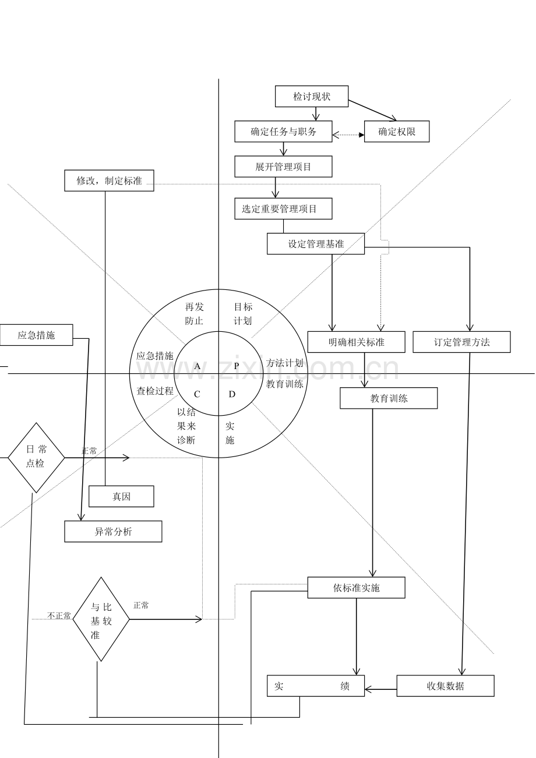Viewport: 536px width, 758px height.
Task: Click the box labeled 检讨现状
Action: click(x=311, y=97)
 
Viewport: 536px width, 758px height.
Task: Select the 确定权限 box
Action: click(x=397, y=132)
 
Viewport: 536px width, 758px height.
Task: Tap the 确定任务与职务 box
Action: click(x=283, y=132)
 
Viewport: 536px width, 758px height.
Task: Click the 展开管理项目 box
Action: click(x=283, y=167)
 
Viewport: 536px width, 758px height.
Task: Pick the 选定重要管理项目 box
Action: click(x=283, y=208)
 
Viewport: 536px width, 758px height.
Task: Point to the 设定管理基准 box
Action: click(x=316, y=244)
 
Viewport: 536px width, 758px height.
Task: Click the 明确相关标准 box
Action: click(x=356, y=342)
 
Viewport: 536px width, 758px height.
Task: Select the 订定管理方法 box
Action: click(x=461, y=342)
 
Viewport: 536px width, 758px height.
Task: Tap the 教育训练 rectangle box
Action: click(x=389, y=398)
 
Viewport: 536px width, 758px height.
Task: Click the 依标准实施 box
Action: click(x=356, y=587)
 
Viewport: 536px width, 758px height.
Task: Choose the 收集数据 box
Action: click(x=445, y=686)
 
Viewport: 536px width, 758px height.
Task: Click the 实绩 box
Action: click(x=316, y=686)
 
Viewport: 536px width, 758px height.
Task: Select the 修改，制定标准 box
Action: click(x=109, y=180)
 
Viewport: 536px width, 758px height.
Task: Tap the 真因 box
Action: click(x=121, y=496)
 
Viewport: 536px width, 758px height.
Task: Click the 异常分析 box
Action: click(x=113, y=532)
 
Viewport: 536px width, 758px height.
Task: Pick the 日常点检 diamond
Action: click(x=36, y=458)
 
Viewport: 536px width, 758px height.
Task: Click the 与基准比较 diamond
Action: click(x=101, y=619)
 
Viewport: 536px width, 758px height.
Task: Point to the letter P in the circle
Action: click(x=237, y=366)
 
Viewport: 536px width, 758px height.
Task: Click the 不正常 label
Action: click(x=59, y=615)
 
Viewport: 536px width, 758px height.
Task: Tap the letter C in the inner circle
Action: click(x=197, y=394)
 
